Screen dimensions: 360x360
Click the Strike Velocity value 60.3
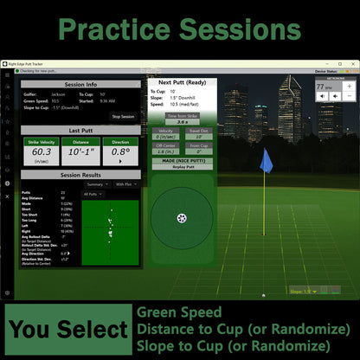coord(42,152)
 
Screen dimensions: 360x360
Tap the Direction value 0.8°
coord(122,152)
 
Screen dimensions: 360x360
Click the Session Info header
coord(80,85)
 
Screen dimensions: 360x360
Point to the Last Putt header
coord(80,130)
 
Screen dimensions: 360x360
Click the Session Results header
coord(80,175)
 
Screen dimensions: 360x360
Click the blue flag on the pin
coord(266,160)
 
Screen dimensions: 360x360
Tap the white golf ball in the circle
coord(181,217)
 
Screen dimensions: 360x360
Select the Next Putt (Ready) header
coord(183,83)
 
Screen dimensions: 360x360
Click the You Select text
coord(67,330)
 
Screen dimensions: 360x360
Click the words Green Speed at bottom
coord(179,312)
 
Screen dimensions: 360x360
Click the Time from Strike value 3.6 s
coord(183,122)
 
